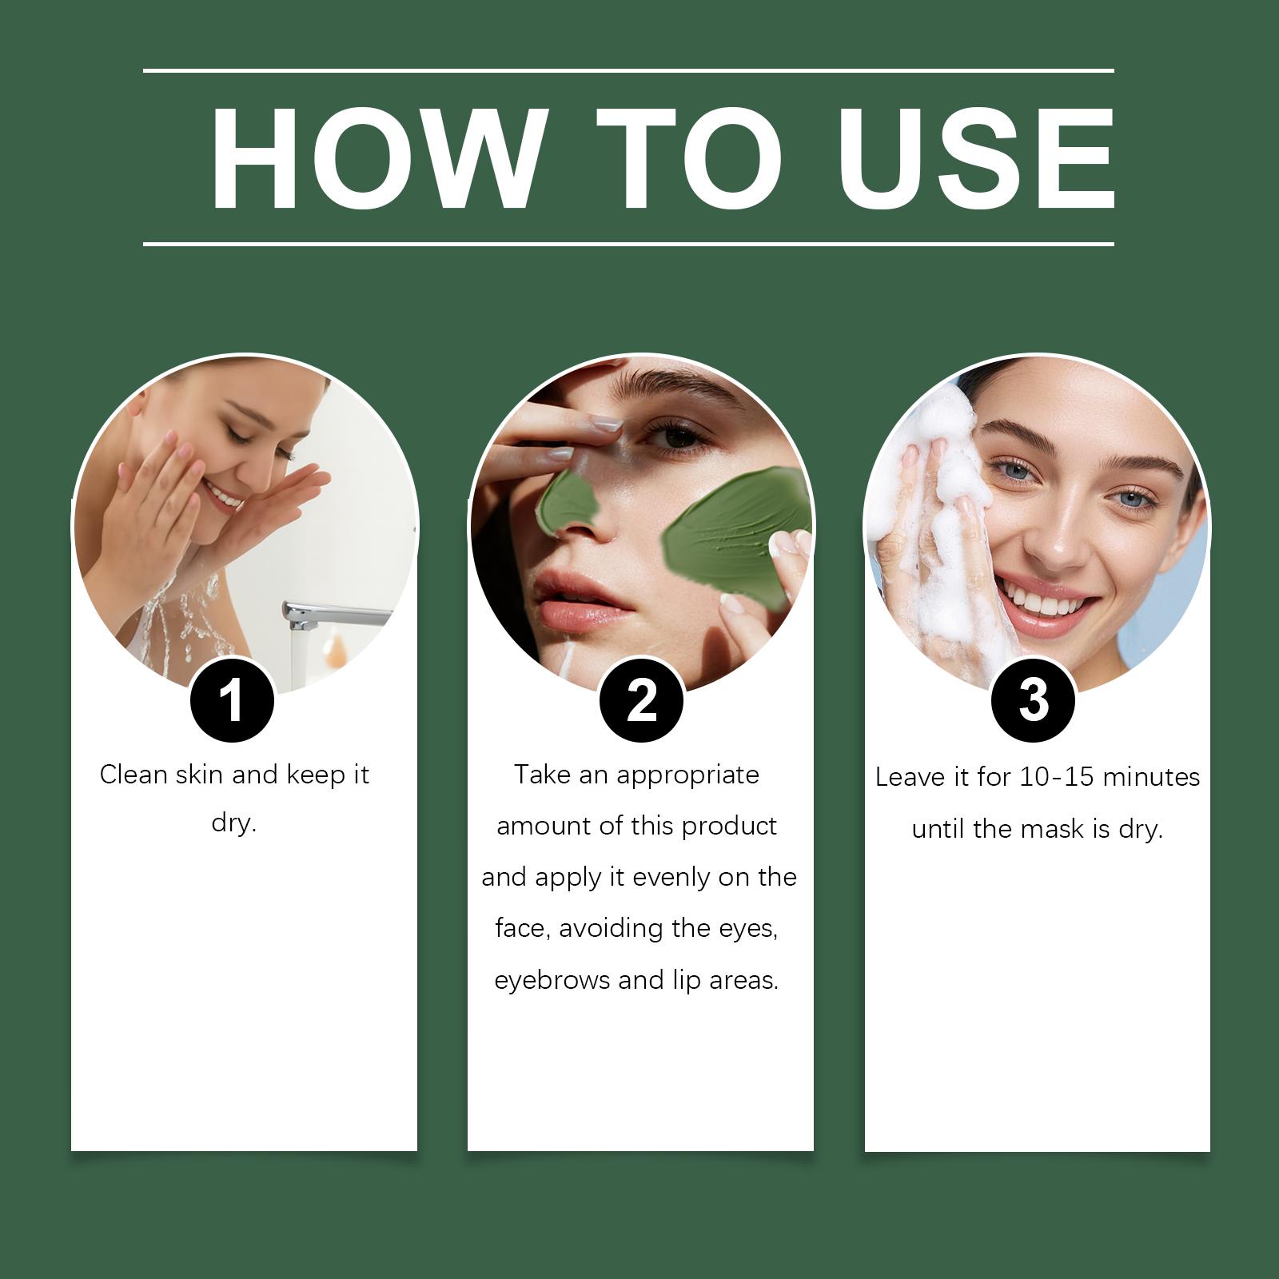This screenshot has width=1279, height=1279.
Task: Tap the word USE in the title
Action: [975, 158]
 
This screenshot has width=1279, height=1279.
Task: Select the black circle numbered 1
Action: [232, 701]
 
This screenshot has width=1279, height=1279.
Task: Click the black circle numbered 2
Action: [641, 701]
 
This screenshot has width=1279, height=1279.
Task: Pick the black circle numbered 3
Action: [1033, 701]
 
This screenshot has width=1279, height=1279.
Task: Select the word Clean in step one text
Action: [133, 774]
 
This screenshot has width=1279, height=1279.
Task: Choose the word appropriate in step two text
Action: [687, 775]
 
